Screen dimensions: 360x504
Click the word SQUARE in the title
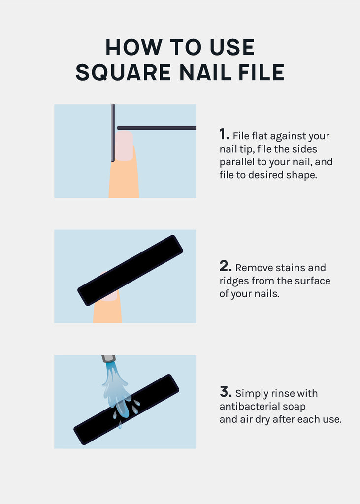pyautogui.click(x=123, y=72)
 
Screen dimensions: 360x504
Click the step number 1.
pyautogui.click(x=224, y=134)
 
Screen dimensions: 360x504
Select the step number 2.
pyautogui.click(x=226, y=266)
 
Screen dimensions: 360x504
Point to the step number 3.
pyautogui.click(x=226, y=392)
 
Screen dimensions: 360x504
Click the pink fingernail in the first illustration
pyautogui.click(x=124, y=146)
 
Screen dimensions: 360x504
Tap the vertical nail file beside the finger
pyautogui.click(x=113, y=133)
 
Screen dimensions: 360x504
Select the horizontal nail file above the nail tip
pyautogui.click(x=157, y=128)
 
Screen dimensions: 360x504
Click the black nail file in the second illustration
pyautogui.click(x=131, y=270)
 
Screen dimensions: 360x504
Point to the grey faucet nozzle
pyautogui.click(x=109, y=359)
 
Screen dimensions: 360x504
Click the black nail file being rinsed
pyautogui.click(x=126, y=409)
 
